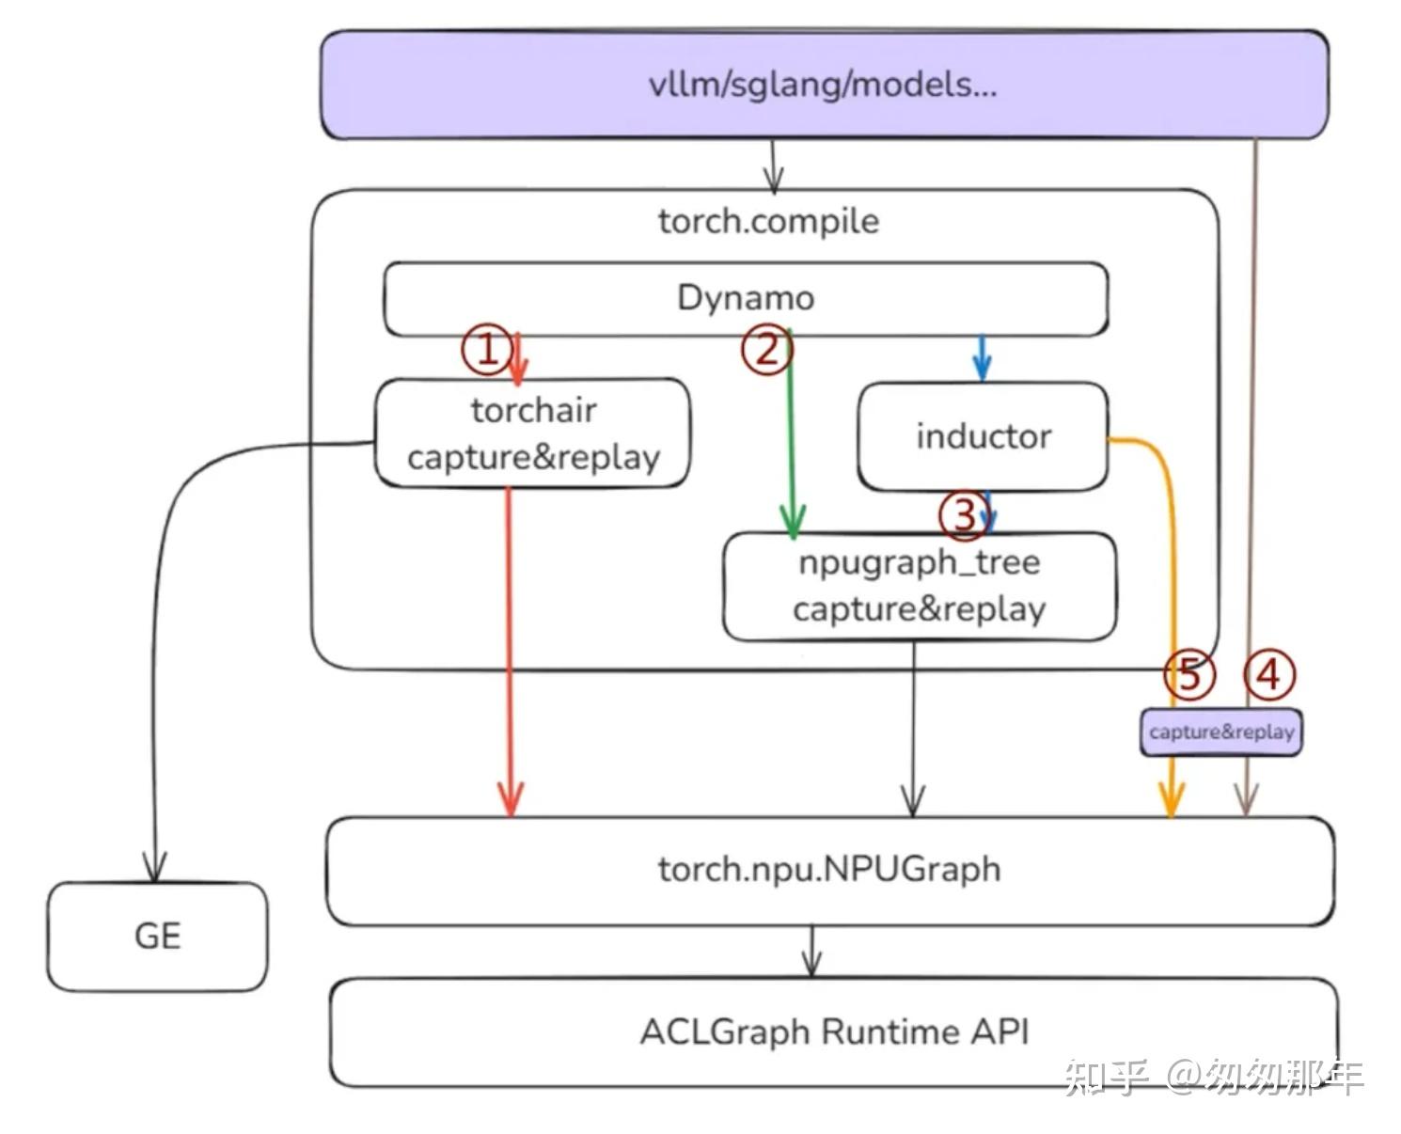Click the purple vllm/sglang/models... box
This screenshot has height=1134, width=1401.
[824, 85]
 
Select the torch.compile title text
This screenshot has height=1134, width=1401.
[768, 222]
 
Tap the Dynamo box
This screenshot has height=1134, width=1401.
[745, 298]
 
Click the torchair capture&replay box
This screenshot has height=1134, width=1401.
[532, 433]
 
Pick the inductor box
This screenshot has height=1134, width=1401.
[983, 436]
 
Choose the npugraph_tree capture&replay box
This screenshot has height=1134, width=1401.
[919, 586]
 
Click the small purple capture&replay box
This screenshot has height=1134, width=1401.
[1220, 732]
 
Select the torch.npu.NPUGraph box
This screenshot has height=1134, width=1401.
[828, 870]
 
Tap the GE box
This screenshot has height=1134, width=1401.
[157, 937]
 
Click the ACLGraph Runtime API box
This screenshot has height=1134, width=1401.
[833, 1032]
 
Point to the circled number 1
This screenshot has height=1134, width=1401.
[486, 350]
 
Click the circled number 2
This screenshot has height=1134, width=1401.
[766, 350]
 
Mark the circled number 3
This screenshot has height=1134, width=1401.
[965, 515]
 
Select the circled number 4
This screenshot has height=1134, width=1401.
[1268, 674]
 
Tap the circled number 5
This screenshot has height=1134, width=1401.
[1189, 674]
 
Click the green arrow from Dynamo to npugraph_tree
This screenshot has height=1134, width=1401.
[791, 442]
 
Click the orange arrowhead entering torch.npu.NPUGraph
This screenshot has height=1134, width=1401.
[1171, 802]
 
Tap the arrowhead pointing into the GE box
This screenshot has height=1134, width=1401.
[154, 866]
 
